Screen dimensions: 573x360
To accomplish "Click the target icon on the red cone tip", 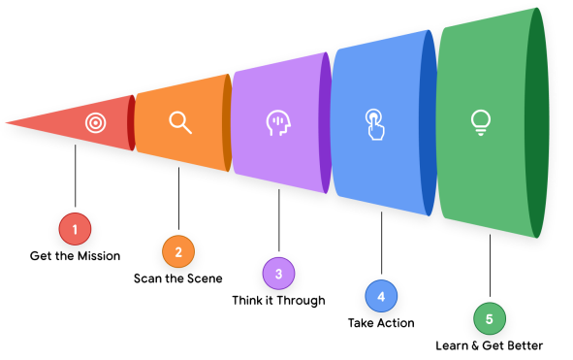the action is pos(96,123).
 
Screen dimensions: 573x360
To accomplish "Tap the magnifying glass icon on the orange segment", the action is pos(180,123).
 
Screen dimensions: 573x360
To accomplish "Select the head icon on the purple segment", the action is pos(278,123).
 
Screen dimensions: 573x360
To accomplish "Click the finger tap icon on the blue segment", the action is pos(375,124).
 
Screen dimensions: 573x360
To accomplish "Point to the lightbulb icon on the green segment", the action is pos(481,123).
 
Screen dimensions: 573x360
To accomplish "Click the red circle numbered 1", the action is pos(75,229).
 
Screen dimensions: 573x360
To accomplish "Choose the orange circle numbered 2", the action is pos(178,251).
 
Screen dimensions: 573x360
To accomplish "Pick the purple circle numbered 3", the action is pos(279,274).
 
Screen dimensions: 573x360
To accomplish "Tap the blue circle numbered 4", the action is pos(381,296).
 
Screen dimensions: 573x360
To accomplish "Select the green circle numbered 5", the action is pos(490,318).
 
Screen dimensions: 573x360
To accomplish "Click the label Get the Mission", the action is pos(75,256).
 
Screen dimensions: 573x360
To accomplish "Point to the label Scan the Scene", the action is pos(178,278).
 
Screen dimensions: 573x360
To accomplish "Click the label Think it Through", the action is pos(278,301).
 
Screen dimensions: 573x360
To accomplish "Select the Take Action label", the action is pos(381,323).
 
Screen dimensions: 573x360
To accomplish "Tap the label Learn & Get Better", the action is pos(490,345).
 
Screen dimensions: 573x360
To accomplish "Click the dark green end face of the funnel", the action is pos(537,123).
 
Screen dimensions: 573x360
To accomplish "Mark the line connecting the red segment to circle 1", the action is pos(76,176).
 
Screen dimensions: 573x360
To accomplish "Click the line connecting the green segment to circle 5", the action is pos(490,265).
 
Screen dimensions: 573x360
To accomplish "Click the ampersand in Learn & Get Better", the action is pos(475,345).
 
